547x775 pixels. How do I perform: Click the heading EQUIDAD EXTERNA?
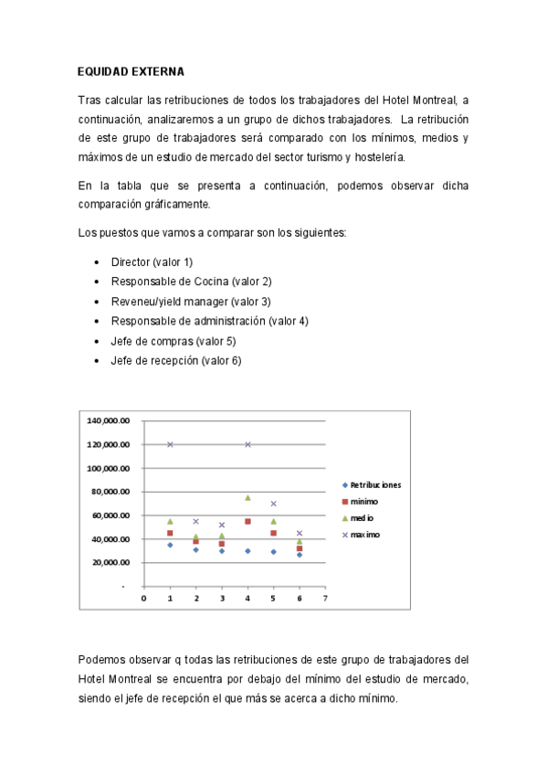[x=130, y=70]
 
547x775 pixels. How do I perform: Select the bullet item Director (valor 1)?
[x=152, y=262]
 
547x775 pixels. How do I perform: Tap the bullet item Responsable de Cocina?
[x=191, y=281]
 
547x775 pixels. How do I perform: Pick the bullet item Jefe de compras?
[x=174, y=341]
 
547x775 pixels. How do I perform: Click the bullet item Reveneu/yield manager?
[x=191, y=302]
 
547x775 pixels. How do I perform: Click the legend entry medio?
[x=363, y=518]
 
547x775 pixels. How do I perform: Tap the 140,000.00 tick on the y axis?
[x=109, y=421]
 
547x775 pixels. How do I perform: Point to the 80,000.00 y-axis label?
[x=110, y=492]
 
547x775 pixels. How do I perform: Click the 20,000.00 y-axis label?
[x=110, y=563]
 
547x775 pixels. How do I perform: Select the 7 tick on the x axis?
[x=325, y=599]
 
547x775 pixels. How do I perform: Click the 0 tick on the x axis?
[x=143, y=599]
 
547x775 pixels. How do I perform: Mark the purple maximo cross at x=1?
[x=170, y=445]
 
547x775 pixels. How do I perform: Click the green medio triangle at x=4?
[x=247, y=498]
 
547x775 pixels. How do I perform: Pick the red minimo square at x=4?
[x=247, y=522]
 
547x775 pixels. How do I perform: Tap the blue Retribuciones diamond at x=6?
[x=299, y=555]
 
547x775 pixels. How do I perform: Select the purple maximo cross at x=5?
[x=273, y=504]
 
